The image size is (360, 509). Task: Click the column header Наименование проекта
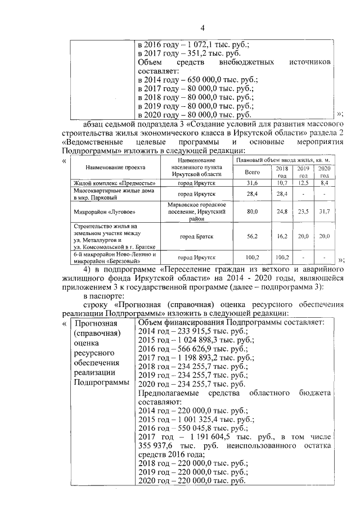[115, 168]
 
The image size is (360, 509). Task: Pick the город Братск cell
[193, 237]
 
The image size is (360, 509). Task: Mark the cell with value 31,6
[252, 183]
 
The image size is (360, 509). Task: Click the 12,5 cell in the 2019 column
[303, 183]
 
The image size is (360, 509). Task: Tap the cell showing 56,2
[252, 237]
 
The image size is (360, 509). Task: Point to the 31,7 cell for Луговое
[325, 211]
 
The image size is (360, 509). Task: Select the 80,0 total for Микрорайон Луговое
[252, 211]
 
